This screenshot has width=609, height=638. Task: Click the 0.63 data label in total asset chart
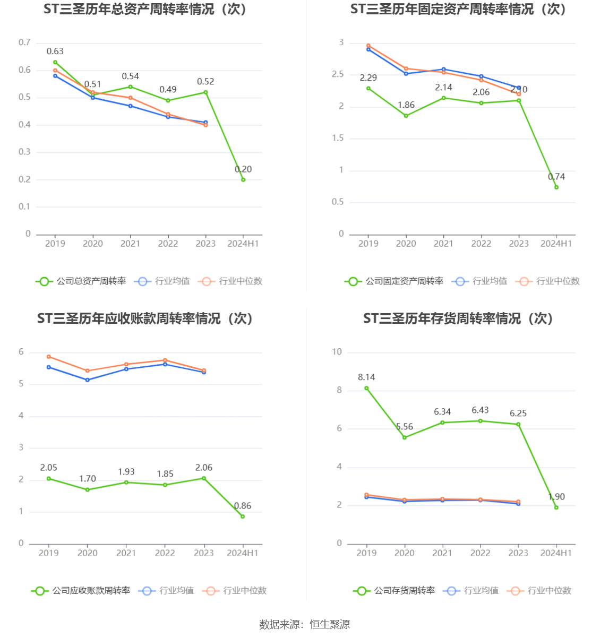55,51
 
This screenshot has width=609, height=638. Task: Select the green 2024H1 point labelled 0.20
243,180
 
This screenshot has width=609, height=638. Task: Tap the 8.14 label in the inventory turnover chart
366,377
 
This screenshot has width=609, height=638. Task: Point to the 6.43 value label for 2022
480,410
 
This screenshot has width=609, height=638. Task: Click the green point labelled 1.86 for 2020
406,116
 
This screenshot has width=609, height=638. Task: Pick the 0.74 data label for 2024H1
556,177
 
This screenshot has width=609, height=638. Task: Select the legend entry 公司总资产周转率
81,281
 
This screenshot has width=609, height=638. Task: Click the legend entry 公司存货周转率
394,591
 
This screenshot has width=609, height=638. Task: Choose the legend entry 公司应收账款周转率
81,591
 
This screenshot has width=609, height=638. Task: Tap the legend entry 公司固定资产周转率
394,281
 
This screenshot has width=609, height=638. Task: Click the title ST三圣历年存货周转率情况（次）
458,318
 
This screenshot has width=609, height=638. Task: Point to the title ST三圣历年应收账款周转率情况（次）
145,318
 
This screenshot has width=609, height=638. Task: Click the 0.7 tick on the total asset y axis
24,42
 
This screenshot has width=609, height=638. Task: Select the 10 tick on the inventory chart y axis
337,352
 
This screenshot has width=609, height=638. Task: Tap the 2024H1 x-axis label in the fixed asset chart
556,244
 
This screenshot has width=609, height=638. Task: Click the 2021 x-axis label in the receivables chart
126,553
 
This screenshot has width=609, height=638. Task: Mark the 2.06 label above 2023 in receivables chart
203,468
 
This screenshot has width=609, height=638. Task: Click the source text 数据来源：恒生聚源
304,625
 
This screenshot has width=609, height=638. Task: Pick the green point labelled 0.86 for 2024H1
243,516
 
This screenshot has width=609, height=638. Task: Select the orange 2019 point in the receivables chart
49,357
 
